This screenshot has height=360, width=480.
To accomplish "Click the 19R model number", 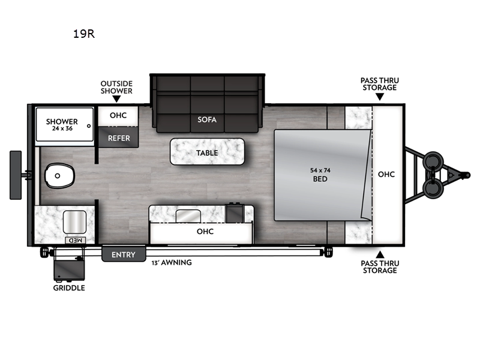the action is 84,34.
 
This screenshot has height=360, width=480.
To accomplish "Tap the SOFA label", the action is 207,119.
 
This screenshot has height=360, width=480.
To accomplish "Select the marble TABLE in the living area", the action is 207,152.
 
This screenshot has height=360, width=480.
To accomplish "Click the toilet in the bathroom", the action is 59,176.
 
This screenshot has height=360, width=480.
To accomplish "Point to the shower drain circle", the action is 89,126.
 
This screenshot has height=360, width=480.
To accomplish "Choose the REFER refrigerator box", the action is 118,137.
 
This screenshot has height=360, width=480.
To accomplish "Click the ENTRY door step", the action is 124,253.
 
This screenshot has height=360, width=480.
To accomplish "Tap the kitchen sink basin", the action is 188,216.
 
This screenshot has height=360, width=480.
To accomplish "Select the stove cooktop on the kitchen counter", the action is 235,213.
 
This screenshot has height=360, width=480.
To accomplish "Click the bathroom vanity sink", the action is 74,222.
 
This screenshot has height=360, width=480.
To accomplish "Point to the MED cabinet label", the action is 76,241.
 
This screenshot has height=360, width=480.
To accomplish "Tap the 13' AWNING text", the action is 172,263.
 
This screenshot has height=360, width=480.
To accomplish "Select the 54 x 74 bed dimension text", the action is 320,170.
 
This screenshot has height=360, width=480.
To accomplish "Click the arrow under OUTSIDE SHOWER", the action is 116,99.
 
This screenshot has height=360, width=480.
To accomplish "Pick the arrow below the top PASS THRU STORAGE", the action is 380,97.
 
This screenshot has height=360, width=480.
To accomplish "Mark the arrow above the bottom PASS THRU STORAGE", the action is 380,254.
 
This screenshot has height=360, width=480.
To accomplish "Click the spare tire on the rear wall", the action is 16,175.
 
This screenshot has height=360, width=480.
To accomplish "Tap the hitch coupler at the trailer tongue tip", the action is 467,175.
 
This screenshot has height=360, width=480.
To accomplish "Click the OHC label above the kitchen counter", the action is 205,232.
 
